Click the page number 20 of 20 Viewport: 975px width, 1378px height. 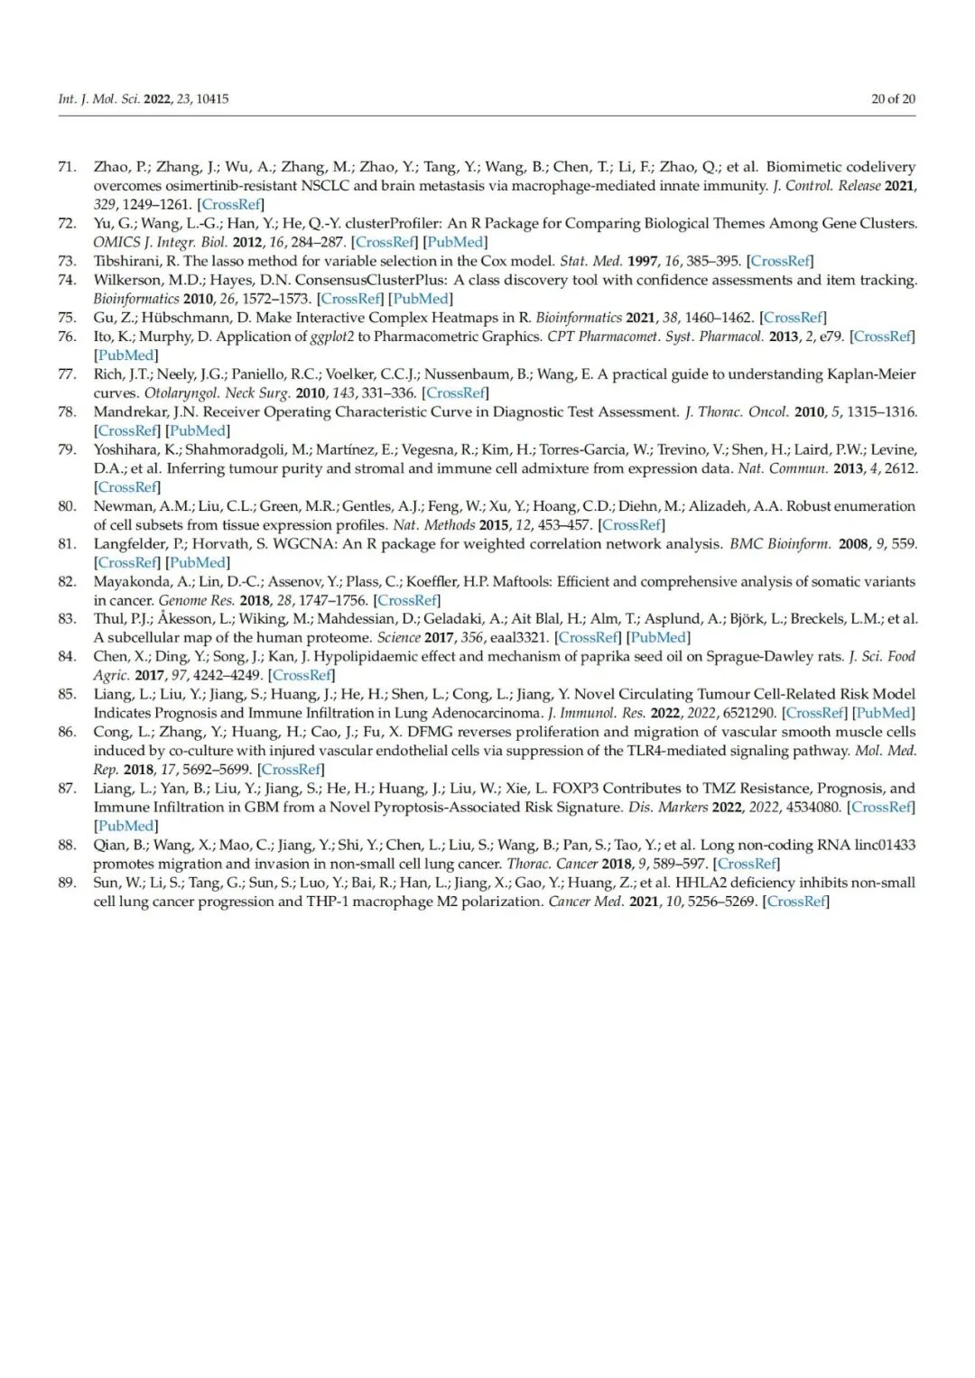click(892, 99)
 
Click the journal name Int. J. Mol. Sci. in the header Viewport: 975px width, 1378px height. click(98, 99)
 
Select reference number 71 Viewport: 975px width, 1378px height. click(67, 167)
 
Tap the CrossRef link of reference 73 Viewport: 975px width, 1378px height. click(780, 261)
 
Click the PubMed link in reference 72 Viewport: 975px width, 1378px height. click(455, 242)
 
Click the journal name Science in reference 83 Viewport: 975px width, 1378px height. click(398, 637)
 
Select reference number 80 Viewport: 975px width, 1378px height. click(67, 506)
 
